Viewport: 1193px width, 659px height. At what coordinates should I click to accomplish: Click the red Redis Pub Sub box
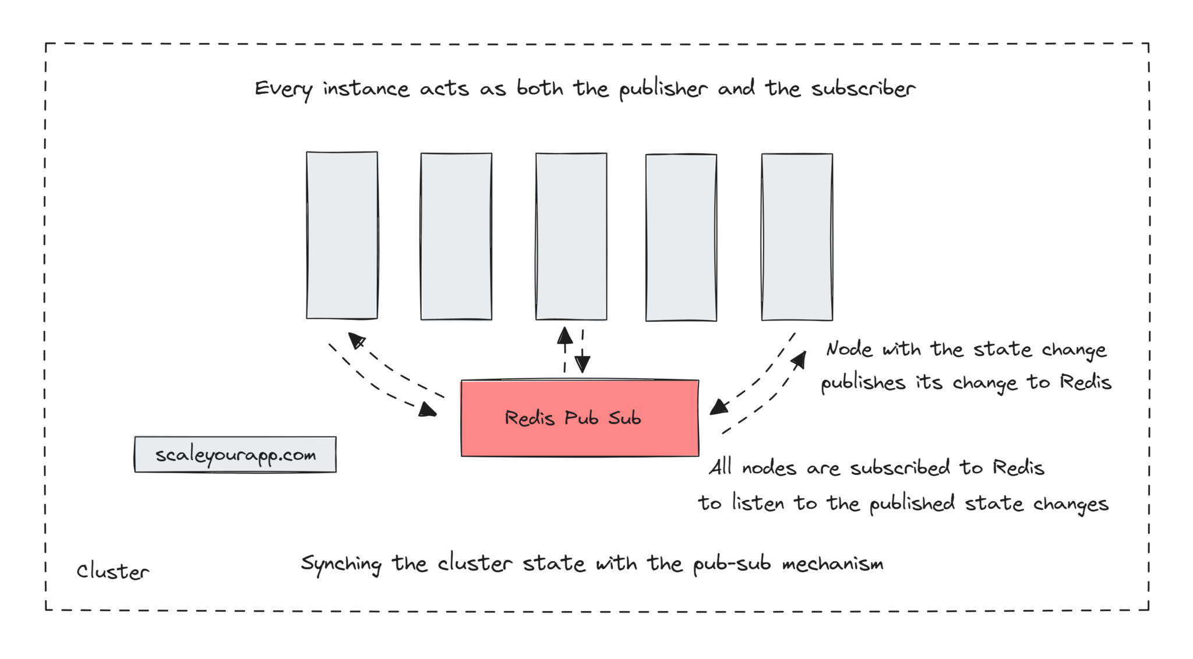pyautogui.click(x=580, y=418)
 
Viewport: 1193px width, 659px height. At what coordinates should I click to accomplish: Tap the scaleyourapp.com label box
pyautogui.click(x=235, y=454)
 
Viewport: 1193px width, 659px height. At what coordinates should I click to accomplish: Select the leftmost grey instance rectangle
pyautogui.click(x=342, y=235)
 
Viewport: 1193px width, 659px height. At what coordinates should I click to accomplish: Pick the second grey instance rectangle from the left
pyautogui.click(x=456, y=236)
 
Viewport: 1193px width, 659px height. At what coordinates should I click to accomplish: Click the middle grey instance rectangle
pyautogui.click(x=571, y=236)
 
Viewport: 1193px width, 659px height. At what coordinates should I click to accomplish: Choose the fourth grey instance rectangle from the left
pyautogui.click(x=681, y=237)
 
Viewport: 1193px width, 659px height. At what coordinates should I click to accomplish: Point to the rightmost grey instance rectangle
pyautogui.click(x=797, y=237)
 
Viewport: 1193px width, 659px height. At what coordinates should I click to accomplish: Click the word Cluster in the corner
pyautogui.click(x=113, y=572)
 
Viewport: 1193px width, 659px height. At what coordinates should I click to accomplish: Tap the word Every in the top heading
pyautogui.click(x=283, y=89)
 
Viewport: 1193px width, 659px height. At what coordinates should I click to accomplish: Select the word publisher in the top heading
pyautogui.click(x=663, y=89)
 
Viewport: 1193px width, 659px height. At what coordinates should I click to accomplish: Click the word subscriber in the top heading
pyautogui.click(x=863, y=89)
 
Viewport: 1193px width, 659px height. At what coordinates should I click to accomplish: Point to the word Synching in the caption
pyautogui.click(x=341, y=564)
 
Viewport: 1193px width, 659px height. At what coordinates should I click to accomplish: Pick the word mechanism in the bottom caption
pyautogui.click(x=832, y=563)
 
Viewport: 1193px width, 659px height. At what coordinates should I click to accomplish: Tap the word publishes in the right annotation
pyautogui.click(x=863, y=383)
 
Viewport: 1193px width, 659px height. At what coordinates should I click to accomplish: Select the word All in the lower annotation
pyautogui.click(x=720, y=467)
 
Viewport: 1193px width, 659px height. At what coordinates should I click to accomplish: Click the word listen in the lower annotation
pyautogui.click(x=758, y=502)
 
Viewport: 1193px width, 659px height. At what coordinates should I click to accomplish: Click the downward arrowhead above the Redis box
pyautogui.click(x=583, y=365)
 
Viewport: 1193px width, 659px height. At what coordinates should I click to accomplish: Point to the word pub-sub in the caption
pyautogui.click(x=732, y=564)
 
